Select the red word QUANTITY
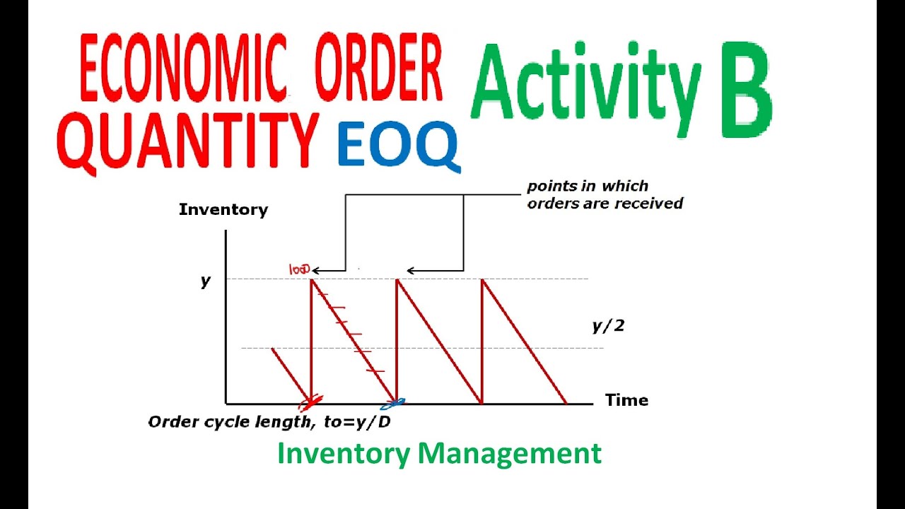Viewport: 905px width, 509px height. click(188, 141)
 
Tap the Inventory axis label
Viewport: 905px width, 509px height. click(223, 210)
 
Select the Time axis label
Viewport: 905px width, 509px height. click(626, 400)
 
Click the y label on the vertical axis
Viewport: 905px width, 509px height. click(206, 281)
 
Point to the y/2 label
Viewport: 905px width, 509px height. click(607, 326)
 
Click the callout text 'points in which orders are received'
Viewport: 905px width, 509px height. click(605, 195)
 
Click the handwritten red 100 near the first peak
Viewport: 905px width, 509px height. click(298, 269)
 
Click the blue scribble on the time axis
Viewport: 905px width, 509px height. click(393, 404)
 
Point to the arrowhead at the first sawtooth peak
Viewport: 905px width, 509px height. click(315, 270)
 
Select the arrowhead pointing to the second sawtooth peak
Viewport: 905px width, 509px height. click(411, 270)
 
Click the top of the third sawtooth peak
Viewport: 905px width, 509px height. click(481, 281)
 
